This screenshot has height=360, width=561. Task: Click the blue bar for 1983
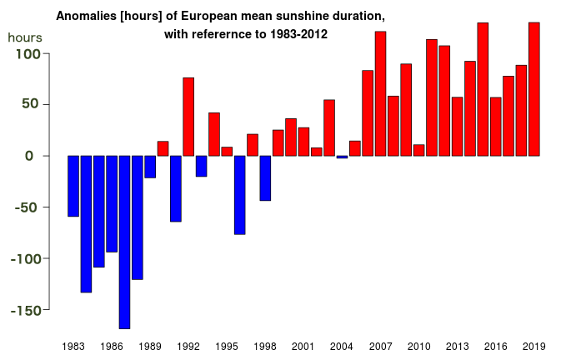pos(73,186)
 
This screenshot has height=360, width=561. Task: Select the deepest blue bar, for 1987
pos(124,242)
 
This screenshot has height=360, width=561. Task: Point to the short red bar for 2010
pos(418,150)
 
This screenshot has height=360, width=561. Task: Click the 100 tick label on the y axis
pos(29,54)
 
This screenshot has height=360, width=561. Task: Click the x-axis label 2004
pos(342,346)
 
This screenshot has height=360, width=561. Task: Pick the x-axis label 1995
pos(227,346)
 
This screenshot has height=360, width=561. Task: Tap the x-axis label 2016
pos(496,346)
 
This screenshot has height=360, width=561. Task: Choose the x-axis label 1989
pos(150,346)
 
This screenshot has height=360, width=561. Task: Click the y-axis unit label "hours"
pos(25,37)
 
